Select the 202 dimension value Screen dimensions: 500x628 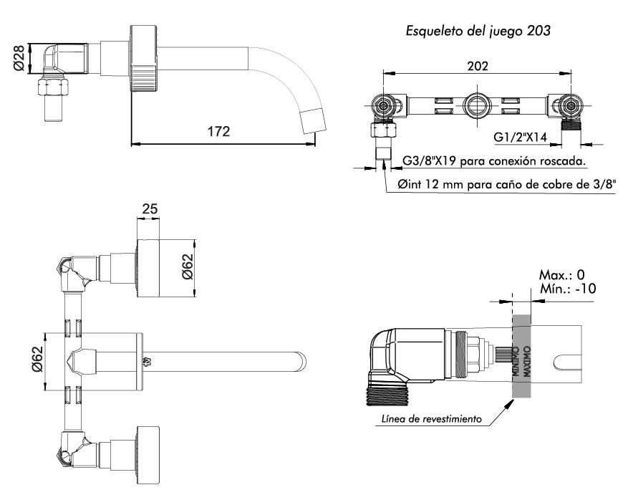[478, 66]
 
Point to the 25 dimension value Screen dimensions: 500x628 [150, 209]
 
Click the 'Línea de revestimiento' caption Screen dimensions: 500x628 [430, 418]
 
